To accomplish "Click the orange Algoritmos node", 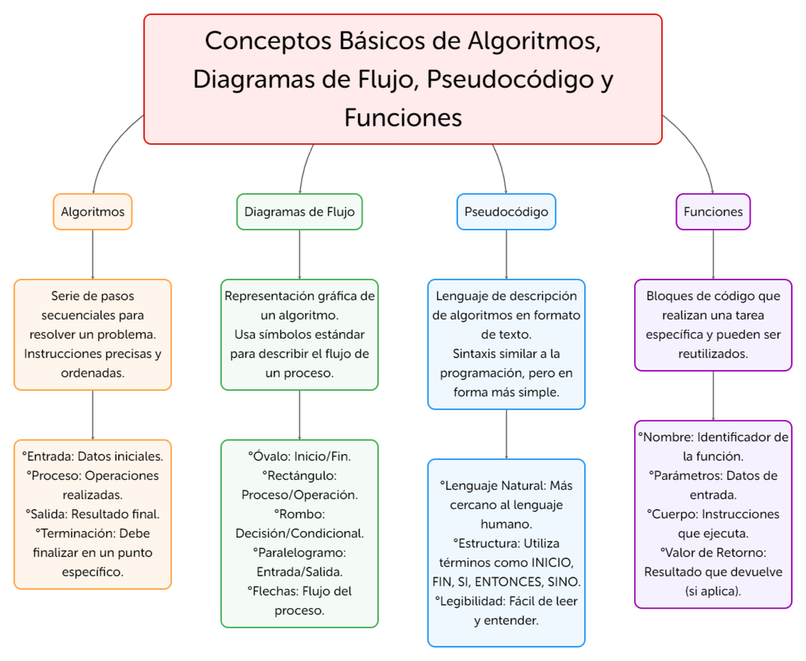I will (x=93, y=212).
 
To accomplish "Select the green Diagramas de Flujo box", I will (x=299, y=212).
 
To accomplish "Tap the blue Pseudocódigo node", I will (x=506, y=212).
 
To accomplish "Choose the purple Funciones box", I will (x=713, y=212).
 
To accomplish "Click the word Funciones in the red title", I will (x=403, y=118).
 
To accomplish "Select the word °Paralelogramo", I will (x=299, y=553).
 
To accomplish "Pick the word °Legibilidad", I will (x=471, y=601).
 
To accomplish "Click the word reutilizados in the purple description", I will (x=713, y=353).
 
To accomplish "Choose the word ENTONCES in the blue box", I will (x=519, y=581).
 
